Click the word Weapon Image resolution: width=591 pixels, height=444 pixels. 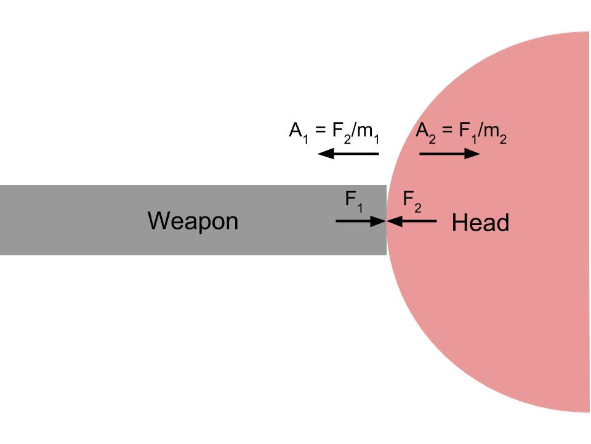(x=193, y=221)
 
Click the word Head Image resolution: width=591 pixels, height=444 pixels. (x=480, y=223)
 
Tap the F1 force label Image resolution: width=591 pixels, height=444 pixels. (x=353, y=201)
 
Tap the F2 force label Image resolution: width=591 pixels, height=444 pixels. (x=412, y=201)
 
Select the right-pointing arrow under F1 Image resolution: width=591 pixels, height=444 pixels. (x=360, y=220)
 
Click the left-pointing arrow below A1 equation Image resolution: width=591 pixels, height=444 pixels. (x=348, y=153)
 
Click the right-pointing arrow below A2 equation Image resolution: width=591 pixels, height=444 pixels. (x=449, y=153)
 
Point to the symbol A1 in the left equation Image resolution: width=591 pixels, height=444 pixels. (x=298, y=132)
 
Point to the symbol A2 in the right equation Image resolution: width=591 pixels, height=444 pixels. (x=425, y=132)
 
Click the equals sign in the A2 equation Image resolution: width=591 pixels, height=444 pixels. (x=447, y=131)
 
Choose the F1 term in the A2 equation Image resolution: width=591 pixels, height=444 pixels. (x=467, y=132)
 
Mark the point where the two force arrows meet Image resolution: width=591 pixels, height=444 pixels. (x=387, y=220)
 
